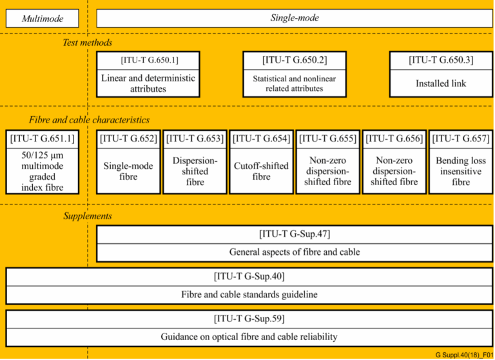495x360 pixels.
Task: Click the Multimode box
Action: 43,18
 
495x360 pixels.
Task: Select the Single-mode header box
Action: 295,18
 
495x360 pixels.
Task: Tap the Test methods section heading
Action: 88,43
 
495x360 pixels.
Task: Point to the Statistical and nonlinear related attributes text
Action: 294,83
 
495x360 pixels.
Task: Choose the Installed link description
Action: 441,83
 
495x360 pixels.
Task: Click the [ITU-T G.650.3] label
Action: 441,60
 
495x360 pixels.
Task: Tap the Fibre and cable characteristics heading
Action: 89,120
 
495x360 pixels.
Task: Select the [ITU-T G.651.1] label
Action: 43,139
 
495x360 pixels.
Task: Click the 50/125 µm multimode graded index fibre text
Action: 43,172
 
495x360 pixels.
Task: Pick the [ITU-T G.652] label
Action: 128,139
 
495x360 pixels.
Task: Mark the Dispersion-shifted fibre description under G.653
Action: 195,172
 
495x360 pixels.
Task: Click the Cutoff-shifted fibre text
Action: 261,172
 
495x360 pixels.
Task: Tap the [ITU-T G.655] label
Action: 327,139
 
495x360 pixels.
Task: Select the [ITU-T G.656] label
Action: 394,139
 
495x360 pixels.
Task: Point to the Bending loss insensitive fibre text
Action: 461,172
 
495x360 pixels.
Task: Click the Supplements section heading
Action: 88,216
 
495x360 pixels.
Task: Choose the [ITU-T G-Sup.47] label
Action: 295,234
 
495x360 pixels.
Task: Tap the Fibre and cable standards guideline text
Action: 249,295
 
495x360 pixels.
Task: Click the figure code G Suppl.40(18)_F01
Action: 464,355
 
